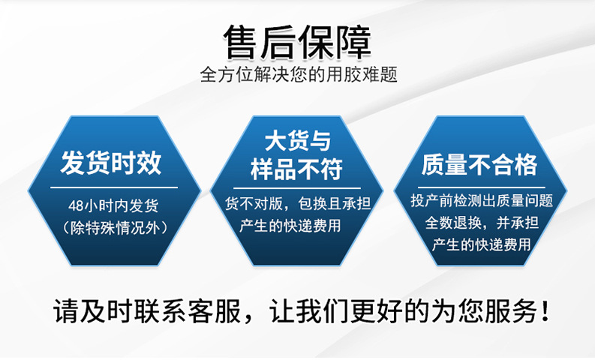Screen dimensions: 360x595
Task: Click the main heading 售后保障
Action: pyautogui.click(x=297, y=43)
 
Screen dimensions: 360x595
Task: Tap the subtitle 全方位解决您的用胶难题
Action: pyautogui.click(x=298, y=75)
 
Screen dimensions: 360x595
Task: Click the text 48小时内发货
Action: pyautogui.click(x=113, y=205)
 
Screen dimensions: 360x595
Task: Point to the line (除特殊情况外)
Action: pyautogui.click(x=113, y=225)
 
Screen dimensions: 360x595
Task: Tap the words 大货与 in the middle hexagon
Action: pyautogui.click(x=297, y=142)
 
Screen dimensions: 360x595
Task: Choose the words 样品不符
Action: pyautogui.click(x=297, y=169)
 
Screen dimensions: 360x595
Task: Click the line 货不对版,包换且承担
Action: pyautogui.click(x=298, y=204)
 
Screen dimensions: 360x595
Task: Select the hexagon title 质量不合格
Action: pyautogui.click(x=480, y=163)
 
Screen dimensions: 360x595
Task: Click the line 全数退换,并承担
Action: pyautogui.click(x=481, y=223)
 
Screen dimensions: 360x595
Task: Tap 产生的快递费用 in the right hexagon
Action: pyautogui.click(x=481, y=244)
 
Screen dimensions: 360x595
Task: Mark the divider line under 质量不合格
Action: pyautogui.click(x=480, y=186)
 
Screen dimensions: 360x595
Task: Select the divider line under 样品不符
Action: pyautogui.click(x=297, y=188)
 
